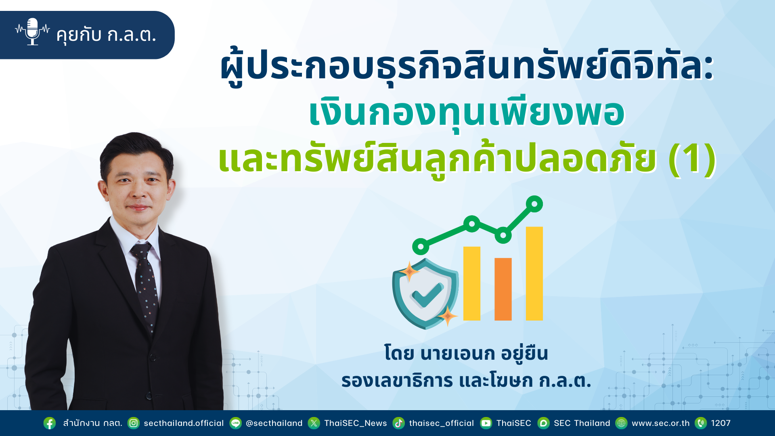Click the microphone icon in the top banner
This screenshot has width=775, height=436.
pyautogui.click(x=32, y=31)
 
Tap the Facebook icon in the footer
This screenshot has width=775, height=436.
pyautogui.click(x=50, y=423)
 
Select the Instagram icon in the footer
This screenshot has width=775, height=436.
pyautogui.click(x=134, y=423)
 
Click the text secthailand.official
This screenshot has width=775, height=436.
pyautogui.click(x=184, y=423)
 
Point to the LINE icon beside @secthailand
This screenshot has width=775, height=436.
pyautogui.click(x=236, y=423)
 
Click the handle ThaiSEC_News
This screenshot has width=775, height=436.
pyautogui.click(x=356, y=423)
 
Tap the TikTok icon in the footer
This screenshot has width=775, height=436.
pyautogui.click(x=399, y=423)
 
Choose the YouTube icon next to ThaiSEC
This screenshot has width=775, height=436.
pyautogui.click(x=486, y=423)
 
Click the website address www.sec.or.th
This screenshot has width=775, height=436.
pyautogui.click(x=661, y=423)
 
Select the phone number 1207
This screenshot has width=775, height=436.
pyautogui.click(x=721, y=423)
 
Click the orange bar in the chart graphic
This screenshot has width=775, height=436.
pyautogui.click(x=503, y=289)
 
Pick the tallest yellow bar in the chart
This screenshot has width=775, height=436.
pyautogui.click(x=534, y=273)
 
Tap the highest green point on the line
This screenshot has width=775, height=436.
pyautogui.click(x=534, y=204)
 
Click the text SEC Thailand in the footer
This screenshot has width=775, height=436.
pyautogui.click(x=582, y=423)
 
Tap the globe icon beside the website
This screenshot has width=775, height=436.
pyautogui.click(x=622, y=423)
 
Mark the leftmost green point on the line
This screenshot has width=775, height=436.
pyautogui.click(x=421, y=246)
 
